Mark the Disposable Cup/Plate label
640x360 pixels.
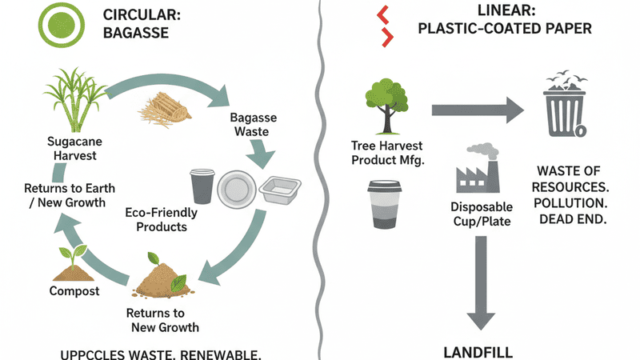point(482,213)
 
